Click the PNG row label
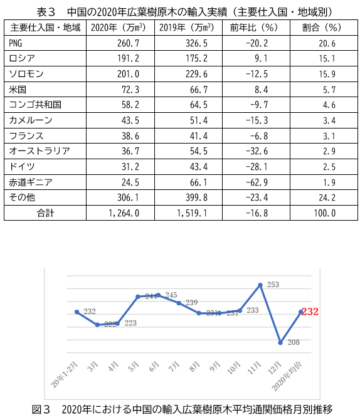coord(16,43)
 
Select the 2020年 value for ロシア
coord(128,58)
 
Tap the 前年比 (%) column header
coord(253,28)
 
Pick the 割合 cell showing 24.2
coord(327,197)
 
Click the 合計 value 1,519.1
coord(192,213)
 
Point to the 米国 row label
coord(18,90)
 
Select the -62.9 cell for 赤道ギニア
coord(257,182)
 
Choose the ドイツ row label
coord(22,167)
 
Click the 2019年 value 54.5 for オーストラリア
coord(199,151)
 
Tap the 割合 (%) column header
coord(321,28)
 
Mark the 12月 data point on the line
coord(280,343)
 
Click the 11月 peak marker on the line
coord(260,285)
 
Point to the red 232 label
coord(310,312)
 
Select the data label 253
coord(273,285)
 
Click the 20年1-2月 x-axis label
coord(65,374)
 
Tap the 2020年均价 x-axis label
coord(287,376)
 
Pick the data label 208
coord(294,342)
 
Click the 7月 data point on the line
coord(179,303)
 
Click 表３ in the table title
coord(46,12)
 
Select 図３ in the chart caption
coord(41,409)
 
